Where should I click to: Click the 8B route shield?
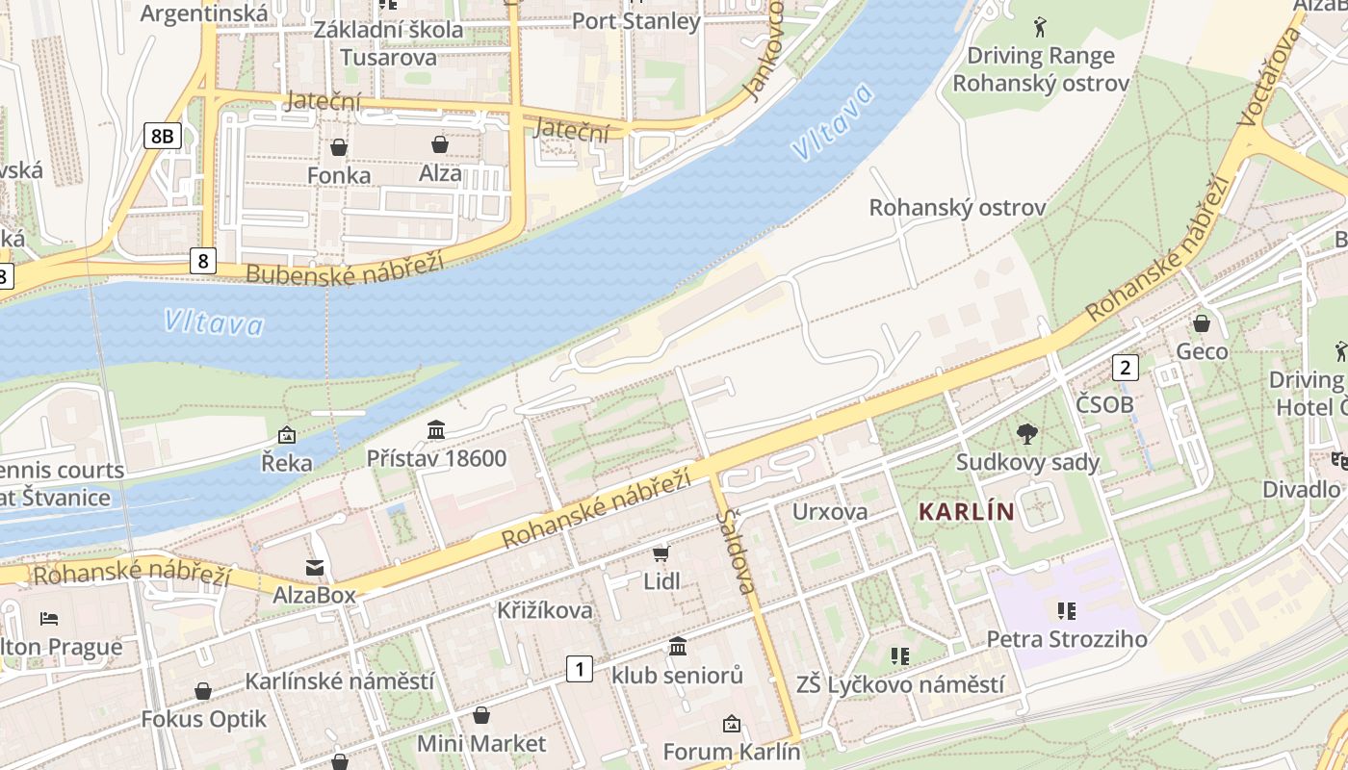click(162, 136)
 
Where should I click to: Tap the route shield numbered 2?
click(1125, 367)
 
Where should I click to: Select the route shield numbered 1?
click(579, 668)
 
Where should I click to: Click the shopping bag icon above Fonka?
click(339, 147)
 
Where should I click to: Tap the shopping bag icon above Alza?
click(440, 144)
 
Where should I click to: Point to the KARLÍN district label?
click(967, 511)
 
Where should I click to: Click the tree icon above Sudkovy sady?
click(1027, 434)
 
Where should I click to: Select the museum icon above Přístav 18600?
click(436, 429)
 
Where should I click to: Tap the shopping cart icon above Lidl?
click(661, 553)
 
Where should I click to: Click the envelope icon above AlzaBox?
click(315, 567)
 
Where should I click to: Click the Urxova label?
click(830, 511)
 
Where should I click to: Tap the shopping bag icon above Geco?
click(1202, 322)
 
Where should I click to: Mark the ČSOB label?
click(1104, 404)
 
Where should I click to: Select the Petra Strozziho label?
click(1067, 639)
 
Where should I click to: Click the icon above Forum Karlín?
click(732, 723)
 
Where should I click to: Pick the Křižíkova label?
click(545, 610)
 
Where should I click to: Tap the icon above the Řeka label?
click(286, 435)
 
